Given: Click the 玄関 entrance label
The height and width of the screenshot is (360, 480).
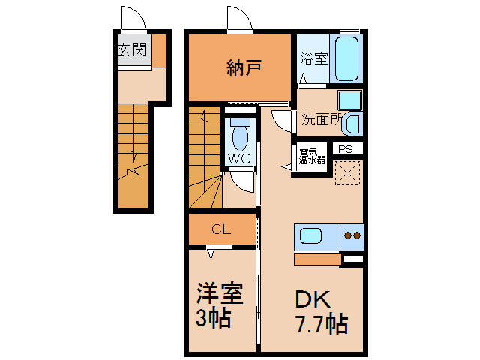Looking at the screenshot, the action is point(132,49).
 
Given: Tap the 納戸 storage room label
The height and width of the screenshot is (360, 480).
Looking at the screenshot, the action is point(244,67).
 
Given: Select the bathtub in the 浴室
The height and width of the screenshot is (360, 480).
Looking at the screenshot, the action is point(346,58).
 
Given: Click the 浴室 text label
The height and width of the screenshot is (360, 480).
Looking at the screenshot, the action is point(313,58).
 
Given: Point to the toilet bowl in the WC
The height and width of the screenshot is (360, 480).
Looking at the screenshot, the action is point(241,138).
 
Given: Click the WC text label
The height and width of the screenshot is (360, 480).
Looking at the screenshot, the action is point(239,158).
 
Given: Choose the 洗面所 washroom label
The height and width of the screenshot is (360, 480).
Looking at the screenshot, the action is point(321,119).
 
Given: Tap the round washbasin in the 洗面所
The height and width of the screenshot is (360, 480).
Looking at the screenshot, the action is point(353,124).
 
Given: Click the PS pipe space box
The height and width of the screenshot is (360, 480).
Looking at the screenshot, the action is point(347,149).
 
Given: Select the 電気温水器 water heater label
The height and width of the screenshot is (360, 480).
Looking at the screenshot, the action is point(312,157).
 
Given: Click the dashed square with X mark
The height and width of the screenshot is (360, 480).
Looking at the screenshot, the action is point(347,173).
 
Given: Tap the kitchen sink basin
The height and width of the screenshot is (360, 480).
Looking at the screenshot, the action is point(310,236).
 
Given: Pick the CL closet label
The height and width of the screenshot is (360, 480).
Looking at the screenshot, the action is point(221,229).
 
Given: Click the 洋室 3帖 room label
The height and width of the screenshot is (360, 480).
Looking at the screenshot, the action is point(219,304).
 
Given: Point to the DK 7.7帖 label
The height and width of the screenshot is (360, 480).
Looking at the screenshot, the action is point(322,312).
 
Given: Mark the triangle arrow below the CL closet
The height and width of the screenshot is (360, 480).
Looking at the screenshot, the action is point(211,254).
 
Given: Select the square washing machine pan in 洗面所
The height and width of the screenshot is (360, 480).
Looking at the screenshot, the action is point(350,100).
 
